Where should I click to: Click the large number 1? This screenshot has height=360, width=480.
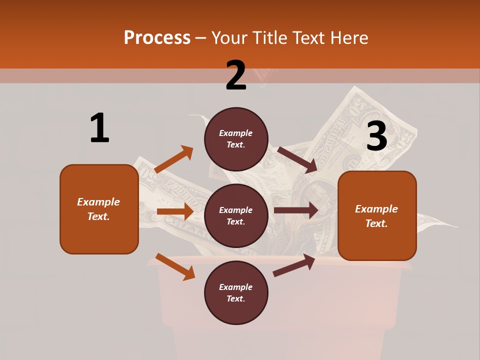pyautogui.click(x=99, y=128)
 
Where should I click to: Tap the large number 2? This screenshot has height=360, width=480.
pyautogui.click(x=236, y=75)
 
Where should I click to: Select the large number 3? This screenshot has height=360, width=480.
pyautogui.click(x=376, y=136)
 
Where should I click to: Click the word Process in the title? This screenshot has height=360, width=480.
pyautogui.click(x=157, y=37)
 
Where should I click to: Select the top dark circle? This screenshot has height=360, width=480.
pyautogui.click(x=236, y=139)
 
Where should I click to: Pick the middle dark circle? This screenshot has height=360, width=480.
pyautogui.click(x=236, y=216)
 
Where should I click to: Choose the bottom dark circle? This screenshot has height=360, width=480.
pyautogui.click(x=236, y=293)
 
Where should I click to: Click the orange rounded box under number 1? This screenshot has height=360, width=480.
pyautogui.click(x=99, y=209)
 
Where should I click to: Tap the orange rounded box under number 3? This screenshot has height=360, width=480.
pyautogui.click(x=377, y=216)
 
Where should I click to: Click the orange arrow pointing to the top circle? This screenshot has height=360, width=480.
pyautogui.click(x=174, y=159)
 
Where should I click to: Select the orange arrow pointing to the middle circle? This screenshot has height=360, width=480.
pyautogui.click(x=175, y=211)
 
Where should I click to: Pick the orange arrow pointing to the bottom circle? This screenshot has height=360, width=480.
pyautogui.click(x=175, y=266)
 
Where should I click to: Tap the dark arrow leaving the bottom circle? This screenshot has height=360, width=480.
pyautogui.click(x=294, y=265)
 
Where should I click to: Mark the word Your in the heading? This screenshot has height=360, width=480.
pyautogui.click(x=229, y=37)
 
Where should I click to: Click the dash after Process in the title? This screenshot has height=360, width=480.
pyautogui.click(x=200, y=38)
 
